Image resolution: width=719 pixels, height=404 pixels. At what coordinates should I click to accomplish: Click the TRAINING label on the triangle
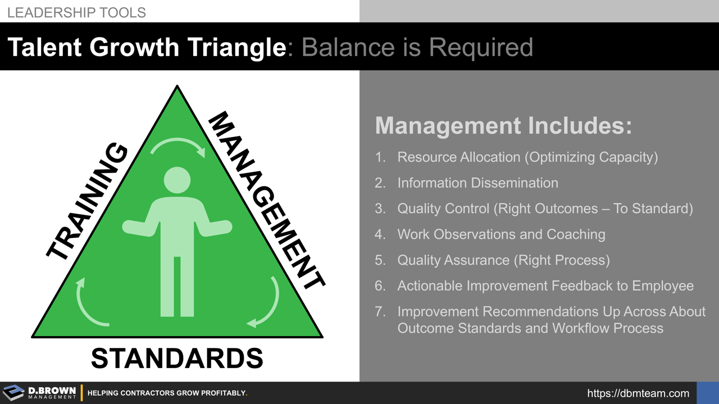tap(88, 202)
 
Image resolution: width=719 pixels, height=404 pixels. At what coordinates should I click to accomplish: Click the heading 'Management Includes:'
tap(503, 125)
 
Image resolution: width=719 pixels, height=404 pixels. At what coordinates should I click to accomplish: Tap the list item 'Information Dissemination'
tap(477, 183)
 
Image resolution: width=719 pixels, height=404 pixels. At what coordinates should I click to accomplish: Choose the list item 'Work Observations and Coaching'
tap(501, 234)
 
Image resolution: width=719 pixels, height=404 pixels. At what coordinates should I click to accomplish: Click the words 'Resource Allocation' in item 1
tap(459, 157)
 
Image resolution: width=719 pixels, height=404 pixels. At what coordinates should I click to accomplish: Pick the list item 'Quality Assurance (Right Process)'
tap(503, 260)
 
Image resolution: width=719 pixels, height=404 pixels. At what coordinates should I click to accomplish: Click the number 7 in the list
tap(380, 311)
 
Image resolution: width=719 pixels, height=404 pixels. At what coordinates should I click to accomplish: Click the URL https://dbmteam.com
tap(638, 393)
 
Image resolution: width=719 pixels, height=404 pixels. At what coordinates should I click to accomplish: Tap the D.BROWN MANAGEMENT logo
tap(39, 393)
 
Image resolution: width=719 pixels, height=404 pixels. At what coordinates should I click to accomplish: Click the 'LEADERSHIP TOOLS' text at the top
tap(76, 12)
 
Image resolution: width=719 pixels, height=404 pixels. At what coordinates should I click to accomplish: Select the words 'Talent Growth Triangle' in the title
tap(147, 48)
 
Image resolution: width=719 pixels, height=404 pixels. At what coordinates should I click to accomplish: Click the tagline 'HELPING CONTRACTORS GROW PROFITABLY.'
tap(167, 393)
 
